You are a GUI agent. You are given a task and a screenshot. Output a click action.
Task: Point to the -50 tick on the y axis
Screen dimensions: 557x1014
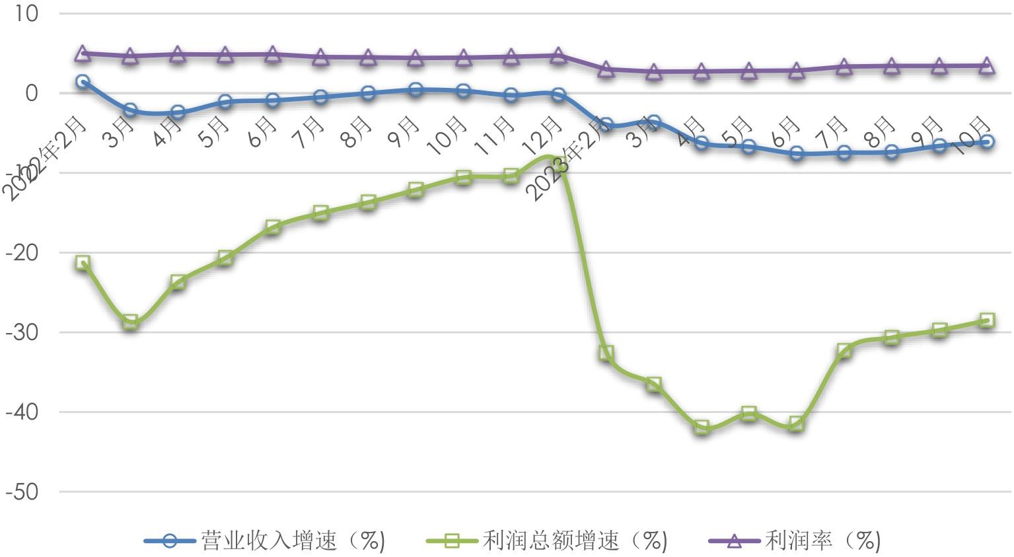tap(22, 492)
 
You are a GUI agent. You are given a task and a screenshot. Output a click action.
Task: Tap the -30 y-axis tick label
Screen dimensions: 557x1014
tap(22, 332)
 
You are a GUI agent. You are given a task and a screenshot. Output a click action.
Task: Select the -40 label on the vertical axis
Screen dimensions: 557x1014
tap(22, 412)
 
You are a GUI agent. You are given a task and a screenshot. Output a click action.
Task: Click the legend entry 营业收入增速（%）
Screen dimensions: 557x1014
tap(264, 541)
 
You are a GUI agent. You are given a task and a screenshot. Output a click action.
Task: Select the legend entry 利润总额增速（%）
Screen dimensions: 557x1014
tap(547, 541)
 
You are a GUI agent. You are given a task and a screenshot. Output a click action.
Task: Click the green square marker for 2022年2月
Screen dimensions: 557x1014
tap(83, 263)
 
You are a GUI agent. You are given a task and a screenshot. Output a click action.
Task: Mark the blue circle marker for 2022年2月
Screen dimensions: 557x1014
tap(83, 82)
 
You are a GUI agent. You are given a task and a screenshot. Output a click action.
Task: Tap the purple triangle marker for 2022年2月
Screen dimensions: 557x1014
tap(83, 54)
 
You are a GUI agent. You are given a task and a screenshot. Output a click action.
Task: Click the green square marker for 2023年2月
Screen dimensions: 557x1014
tap(606, 353)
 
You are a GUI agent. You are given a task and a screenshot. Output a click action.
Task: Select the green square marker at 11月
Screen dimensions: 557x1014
tap(511, 176)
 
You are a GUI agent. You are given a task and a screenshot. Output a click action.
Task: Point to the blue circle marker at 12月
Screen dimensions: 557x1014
tap(558, 95)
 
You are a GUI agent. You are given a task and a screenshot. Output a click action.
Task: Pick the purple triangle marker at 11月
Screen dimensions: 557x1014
tap(511, 57)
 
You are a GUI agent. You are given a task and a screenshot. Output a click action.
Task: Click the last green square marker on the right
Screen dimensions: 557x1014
tap(987, 320)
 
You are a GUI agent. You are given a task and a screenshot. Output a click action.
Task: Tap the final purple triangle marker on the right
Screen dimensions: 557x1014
tap(987, 65)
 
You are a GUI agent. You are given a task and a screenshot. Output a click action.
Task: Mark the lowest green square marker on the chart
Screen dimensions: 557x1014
tap(702, 427)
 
